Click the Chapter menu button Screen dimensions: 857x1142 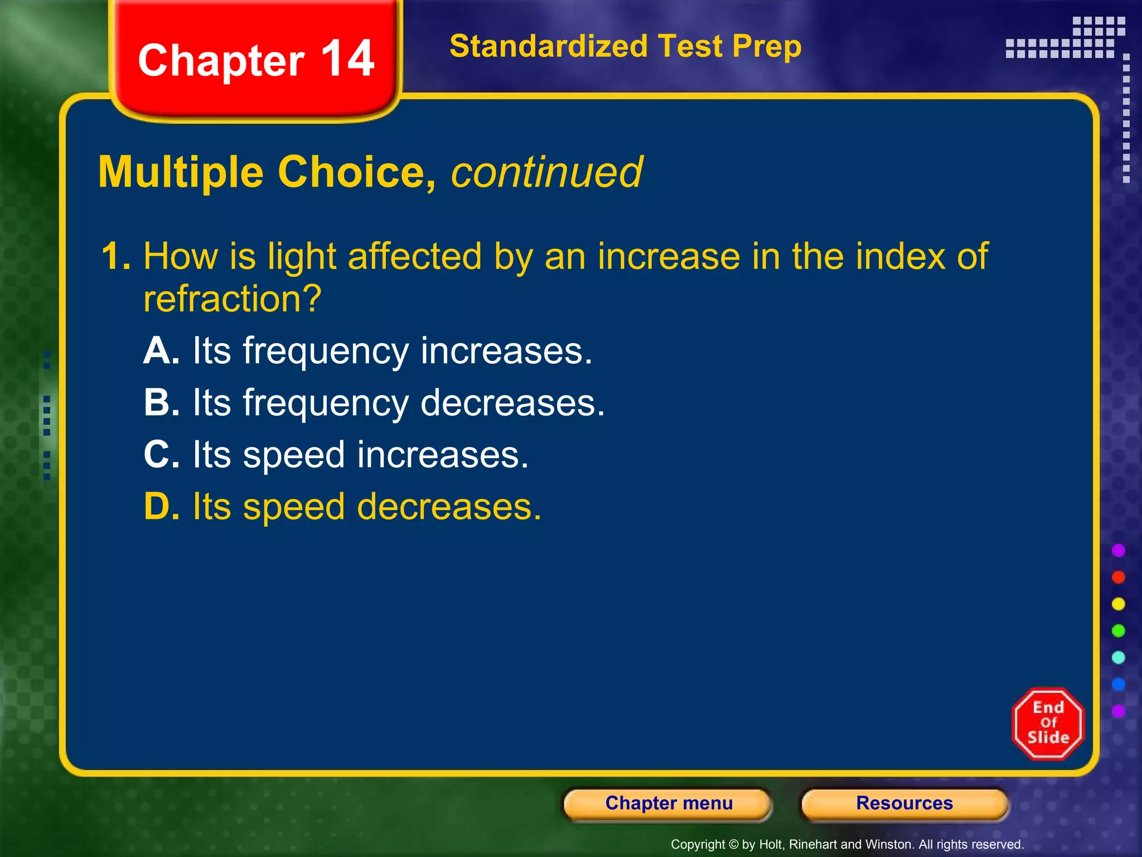tap(668, 804)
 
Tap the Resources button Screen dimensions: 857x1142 tap(904, 804)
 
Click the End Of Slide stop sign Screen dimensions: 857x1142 tap(1048, 724)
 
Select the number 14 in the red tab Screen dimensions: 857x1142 tap(348, 59)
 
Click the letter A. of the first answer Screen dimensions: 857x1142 tap(161, 352)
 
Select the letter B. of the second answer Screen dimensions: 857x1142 tap(161, 403)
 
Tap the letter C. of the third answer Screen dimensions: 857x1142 tap(161, 455)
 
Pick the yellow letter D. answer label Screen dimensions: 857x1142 tap(161, 507)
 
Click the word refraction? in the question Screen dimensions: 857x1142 tap(233, 299)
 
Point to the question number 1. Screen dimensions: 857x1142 tap(115, 257)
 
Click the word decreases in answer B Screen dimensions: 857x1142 tap(512, 403)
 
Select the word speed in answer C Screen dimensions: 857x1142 tap(294, 455)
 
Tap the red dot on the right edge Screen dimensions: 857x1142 tap(1119, 577)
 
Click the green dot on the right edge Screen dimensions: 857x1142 tap(1119, 630)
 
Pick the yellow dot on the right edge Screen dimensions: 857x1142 tap(1119, 604)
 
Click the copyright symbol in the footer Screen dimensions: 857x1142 tap(734, 845)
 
